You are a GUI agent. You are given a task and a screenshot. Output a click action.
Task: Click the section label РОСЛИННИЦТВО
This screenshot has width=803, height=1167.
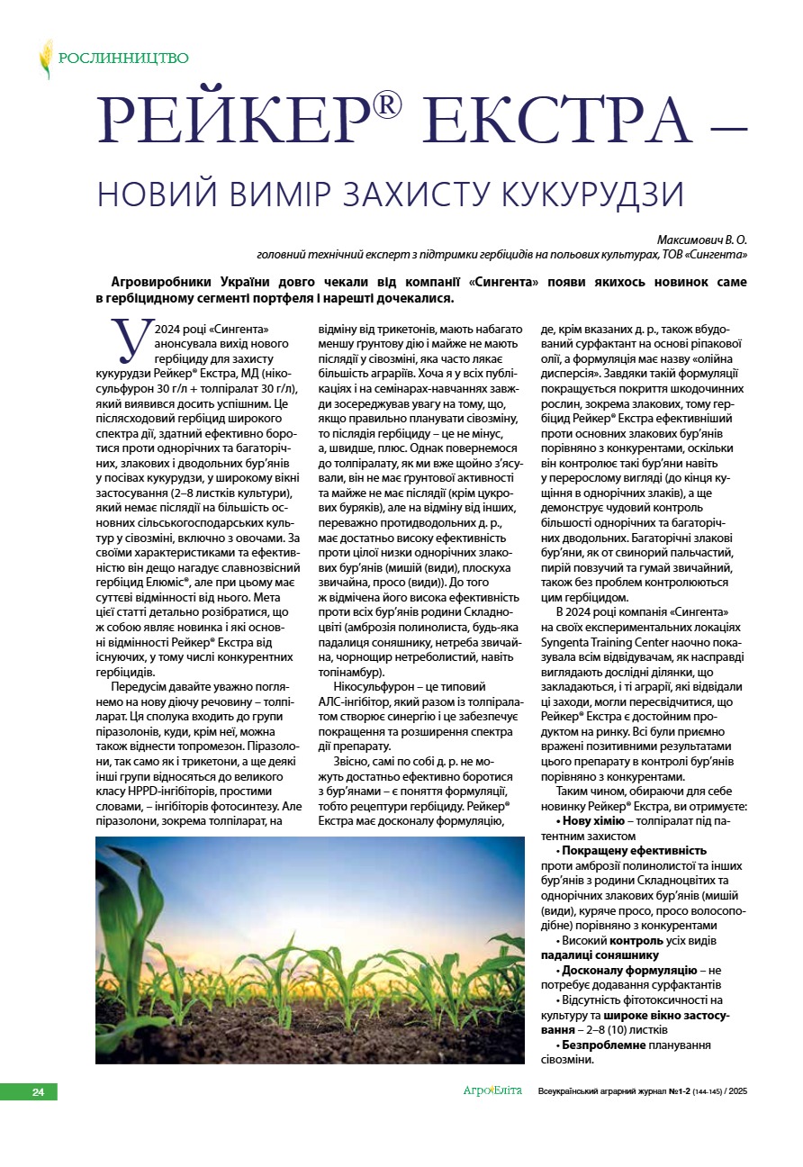point(123,59)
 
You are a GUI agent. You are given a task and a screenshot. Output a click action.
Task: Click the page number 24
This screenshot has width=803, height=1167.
point(38,1092)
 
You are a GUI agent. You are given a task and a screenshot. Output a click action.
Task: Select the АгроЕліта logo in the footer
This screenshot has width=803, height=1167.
point(492,1091)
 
